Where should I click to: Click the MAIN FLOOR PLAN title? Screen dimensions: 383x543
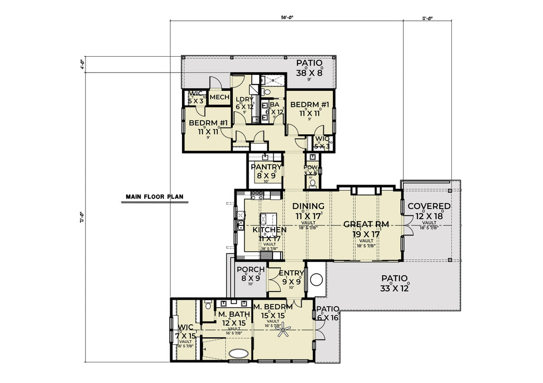(154, 196)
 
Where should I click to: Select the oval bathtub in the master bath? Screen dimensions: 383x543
(237, 353)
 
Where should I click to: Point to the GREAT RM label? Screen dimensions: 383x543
(366, 224)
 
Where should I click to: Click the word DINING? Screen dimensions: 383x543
(309, 206)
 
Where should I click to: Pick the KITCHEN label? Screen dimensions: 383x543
(269, 230)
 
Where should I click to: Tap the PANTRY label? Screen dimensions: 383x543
(266, 167)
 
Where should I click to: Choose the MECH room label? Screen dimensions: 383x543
(219, 98)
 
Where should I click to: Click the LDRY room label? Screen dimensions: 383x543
(244, 100)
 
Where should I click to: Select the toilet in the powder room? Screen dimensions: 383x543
(312, 183)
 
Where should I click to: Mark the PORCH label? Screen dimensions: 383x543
(250, 270)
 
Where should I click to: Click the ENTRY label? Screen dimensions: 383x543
(291, 274)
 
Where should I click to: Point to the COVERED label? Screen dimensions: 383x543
(429, 206)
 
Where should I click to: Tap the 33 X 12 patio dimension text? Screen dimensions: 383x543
(393, 289)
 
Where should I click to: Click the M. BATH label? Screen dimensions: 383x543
(233, 315)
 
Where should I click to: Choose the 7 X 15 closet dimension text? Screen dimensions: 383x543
(185, 336)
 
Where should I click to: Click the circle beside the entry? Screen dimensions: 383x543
(317, 279)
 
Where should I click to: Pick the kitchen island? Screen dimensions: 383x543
(269, 219)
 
